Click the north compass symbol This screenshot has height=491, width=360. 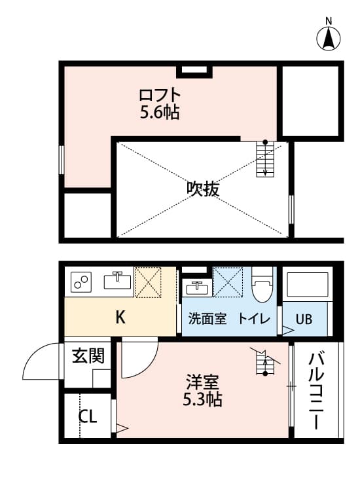tap(329, 37)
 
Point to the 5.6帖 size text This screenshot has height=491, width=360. tap(160, 113)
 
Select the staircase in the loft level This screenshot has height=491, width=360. tap(264, 159)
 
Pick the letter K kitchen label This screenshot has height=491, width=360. tap(120, 319)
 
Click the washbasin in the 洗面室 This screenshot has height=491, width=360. tap(194, 287)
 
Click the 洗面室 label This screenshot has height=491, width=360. tap(207, 319)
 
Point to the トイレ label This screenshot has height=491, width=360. tap(251, 319)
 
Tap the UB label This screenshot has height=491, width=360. tap(304, 320)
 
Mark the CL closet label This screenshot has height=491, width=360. tap(88, 416)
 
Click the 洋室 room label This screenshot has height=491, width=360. tap(202, 382)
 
